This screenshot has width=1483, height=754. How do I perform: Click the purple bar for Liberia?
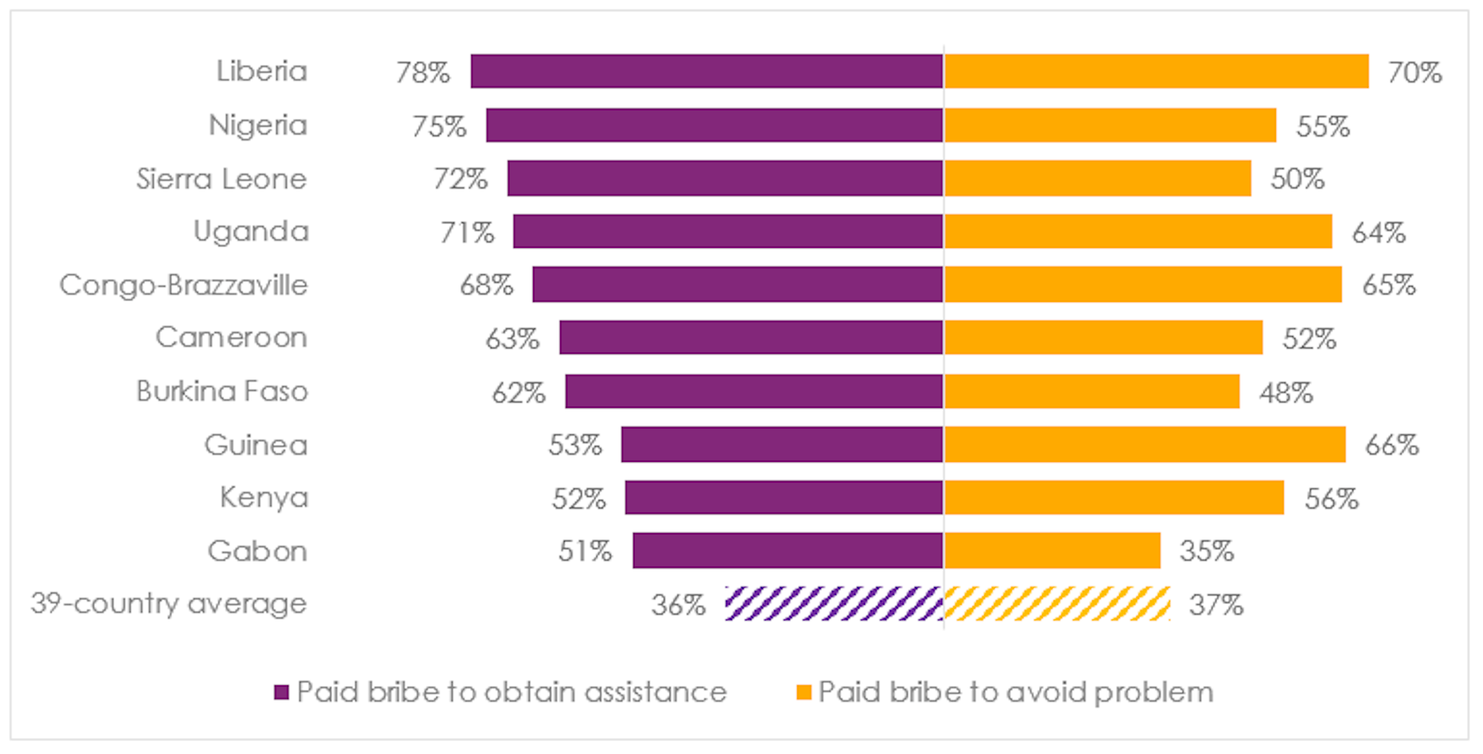point(707,71)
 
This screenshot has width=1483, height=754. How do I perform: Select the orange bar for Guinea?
point(1144,445)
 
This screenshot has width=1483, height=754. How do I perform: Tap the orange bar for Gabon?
point(1051,551)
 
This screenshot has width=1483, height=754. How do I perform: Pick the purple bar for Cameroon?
point(751,338)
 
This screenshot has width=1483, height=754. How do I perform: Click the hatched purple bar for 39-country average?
point(833,604)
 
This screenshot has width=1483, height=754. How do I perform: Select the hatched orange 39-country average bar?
point(1057,604)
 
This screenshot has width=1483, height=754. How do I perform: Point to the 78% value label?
point(423,73)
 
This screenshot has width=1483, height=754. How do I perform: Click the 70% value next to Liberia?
point(1414,73)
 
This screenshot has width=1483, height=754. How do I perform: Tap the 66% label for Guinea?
point(1392,446)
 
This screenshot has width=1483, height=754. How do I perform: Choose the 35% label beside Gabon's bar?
point(1206,552)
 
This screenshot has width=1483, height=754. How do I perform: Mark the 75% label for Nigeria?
point(439,126)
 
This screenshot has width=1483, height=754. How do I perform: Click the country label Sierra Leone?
point(222,179)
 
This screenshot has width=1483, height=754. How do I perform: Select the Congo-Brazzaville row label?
point(184,285)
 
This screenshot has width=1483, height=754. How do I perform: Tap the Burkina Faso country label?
point(222,392)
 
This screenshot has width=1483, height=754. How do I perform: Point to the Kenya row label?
point(263,498)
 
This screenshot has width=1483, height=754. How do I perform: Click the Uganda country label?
point(251,232)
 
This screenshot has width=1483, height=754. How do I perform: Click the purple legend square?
point(281,692)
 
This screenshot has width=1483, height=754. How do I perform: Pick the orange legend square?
point(803,692)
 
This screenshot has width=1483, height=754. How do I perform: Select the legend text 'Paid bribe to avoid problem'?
point(1016,692)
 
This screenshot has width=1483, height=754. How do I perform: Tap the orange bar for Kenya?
point(1113,498)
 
